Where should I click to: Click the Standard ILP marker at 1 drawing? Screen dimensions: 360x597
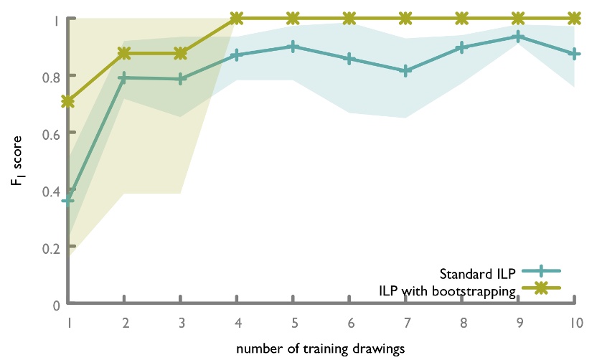[68, 200]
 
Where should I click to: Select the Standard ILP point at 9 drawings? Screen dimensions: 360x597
[518, 37]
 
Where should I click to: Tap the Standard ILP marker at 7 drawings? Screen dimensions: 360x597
[405, 70]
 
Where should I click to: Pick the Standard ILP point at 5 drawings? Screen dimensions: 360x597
[293, 47]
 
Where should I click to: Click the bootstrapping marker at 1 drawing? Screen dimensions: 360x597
[68, 102]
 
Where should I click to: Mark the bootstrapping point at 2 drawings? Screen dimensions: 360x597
[124, 53]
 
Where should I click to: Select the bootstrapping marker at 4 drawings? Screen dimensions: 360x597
[237, 18]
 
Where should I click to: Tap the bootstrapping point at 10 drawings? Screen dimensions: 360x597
[574, 18]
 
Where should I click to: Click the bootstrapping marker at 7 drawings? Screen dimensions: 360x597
[405, 18]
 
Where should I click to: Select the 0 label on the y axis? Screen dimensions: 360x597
[55, 305]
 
